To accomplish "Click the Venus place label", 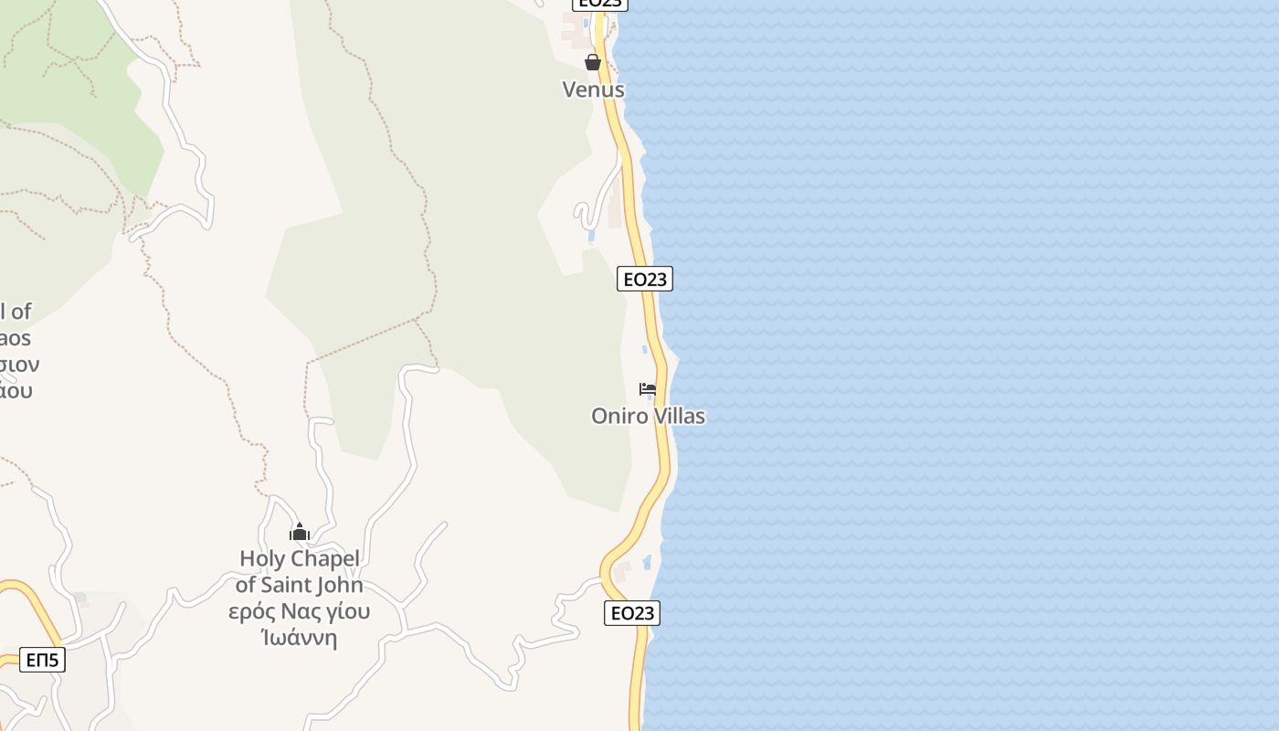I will [x=593, y=90].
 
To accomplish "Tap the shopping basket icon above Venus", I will [x=593, y=62].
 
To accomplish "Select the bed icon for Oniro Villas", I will [x=648, y=389].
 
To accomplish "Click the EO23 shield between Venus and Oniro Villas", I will [x=645, y=279].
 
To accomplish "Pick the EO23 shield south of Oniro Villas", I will [x=632, y=613].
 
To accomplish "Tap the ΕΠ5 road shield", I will [x=42, y=660].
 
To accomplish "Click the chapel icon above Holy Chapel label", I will [x=299, y=531].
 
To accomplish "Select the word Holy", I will [x=262, y=558].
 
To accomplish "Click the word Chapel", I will [x=325, y=558].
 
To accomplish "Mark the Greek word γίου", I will [x=348, y=611].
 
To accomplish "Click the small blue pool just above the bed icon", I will [x=645, y=349].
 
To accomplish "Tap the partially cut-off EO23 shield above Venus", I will [x=600, y=4].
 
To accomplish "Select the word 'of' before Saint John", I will [x=246, y=585].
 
